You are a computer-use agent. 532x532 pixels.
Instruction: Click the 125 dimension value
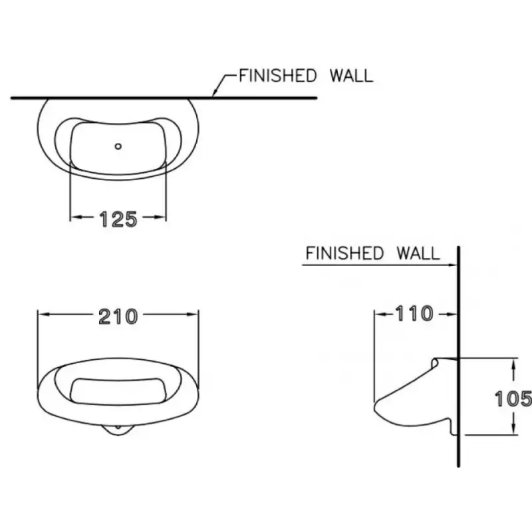pyautogui.click(x=118, y=219)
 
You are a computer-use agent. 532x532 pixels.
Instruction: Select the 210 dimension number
pyautogui.click(x=118, y=317)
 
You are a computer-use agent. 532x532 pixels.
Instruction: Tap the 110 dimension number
pyautogui.click(x=414, y=313)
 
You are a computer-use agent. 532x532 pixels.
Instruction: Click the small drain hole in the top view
pyautogui.click(x=118, y=146)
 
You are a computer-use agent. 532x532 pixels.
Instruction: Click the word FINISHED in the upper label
pyautogui.click(x=278, y=75)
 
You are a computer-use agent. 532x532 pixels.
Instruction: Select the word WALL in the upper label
pyautogui.click(x=352, y=75)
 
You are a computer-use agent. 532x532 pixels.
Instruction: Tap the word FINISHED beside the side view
pyautogui.click(x=344, y=253)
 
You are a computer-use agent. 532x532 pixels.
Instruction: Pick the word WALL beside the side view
pyautogui.click(x=418, y=253)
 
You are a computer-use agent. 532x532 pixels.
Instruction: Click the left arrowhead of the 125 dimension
pyautogui.click(x=76, y=217)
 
